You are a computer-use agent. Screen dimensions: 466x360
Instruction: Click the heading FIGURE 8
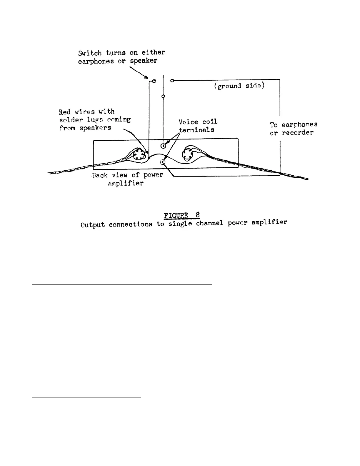[x=182, y=215]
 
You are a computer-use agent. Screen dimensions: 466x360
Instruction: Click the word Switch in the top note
[x=90, y=53]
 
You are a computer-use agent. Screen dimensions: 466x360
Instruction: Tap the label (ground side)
[x=239, y=86]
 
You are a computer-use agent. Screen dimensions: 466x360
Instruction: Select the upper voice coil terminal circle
[x=163, y=145]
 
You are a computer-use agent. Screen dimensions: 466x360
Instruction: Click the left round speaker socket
[x=137, y=154]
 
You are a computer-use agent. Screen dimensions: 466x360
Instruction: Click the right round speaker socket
[x=187, y=154]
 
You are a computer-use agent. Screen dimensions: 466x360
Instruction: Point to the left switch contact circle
[x=154, y=81]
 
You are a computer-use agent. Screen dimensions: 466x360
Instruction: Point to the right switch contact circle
[x=172, y=80]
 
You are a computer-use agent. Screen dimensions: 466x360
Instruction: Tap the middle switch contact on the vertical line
[x=163, y=96]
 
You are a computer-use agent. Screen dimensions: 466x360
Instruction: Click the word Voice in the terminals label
[x=189, y=122]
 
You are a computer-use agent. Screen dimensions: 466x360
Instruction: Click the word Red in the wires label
[x=65, y=112]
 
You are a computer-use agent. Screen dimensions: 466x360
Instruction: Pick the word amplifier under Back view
[x=126, y=183]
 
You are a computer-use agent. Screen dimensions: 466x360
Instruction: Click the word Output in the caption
[x=93, y=225]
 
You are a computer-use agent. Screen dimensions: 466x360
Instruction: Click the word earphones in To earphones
[x=299, y=124]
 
